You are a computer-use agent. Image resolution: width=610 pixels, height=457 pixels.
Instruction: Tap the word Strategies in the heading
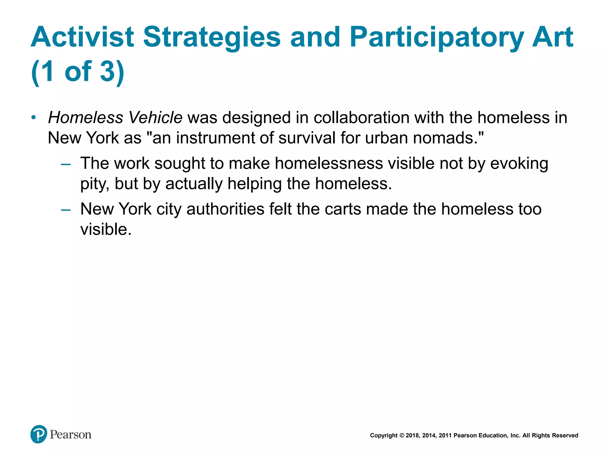click(212, 37)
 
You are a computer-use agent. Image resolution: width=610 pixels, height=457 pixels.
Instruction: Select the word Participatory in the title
click(437, 37)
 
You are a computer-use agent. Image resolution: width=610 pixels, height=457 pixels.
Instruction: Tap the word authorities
click(225, 209)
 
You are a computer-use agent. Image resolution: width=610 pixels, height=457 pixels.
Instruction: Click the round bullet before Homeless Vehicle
click(34, 118)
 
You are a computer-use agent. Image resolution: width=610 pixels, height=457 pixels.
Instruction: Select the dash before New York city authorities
click(66, 210)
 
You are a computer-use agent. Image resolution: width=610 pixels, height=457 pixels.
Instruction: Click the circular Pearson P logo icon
click(39, 434)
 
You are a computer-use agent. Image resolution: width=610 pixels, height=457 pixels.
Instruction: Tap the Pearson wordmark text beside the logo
click(71, 435)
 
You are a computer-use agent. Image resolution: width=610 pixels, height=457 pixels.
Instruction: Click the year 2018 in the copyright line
click(412, 436)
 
